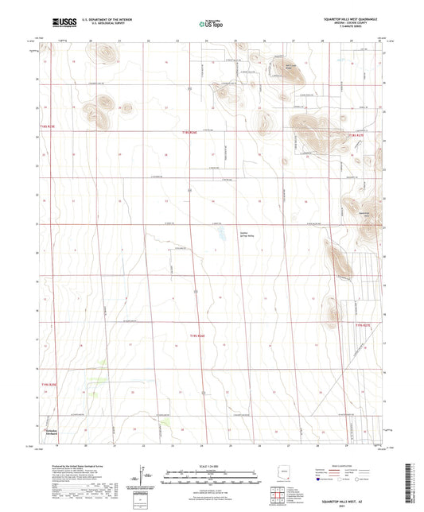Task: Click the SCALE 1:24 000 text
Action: tap(211, 465)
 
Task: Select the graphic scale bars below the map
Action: tap(211, 477)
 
